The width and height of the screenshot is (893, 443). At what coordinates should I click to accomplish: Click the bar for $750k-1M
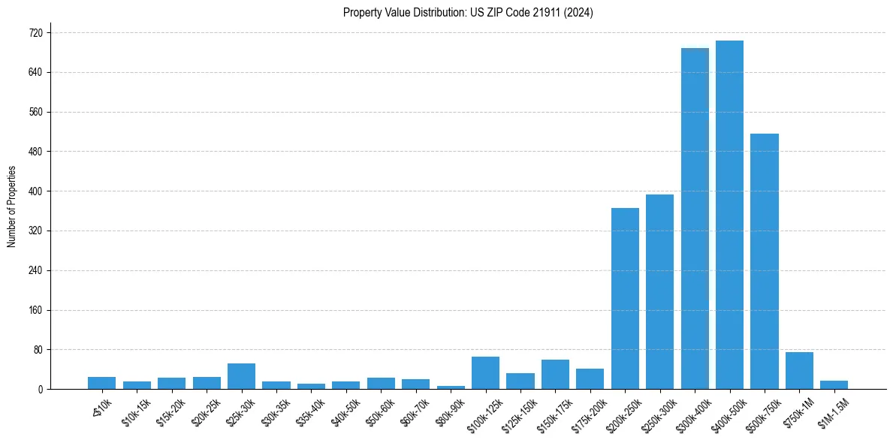point(799,371)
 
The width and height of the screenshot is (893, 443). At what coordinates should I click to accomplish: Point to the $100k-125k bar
point(485,373)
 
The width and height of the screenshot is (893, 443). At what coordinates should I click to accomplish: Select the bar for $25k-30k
point(241,376)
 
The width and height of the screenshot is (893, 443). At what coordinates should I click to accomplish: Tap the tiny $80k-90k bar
point(451,387)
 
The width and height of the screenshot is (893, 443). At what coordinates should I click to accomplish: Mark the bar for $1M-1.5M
point(834,385)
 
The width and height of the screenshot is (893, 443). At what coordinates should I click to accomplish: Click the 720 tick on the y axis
point(35,33)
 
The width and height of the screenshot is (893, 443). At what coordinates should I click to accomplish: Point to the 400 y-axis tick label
point(35,191)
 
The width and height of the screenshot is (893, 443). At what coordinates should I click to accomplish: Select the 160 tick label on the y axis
point(35,310)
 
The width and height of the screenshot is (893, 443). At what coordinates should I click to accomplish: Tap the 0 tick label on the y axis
point(41,390)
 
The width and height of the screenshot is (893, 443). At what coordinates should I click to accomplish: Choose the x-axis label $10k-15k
point(136,411)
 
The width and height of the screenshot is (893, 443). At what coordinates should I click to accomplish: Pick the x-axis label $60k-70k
point(415,411)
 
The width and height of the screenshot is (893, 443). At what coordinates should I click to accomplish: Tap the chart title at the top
point(468,13)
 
